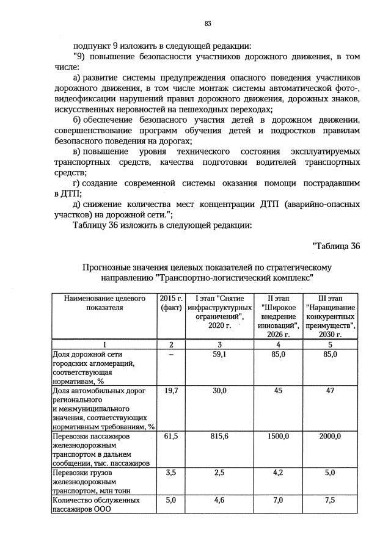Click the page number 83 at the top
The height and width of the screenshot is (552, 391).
tap(208, 23)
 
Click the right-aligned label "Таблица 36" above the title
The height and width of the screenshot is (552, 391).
tap(336, 246)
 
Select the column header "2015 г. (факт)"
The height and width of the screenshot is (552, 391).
tap(171, 303)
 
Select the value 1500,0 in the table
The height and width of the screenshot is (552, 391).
tap(279, 437)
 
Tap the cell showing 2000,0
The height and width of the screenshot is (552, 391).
tap(330, 437)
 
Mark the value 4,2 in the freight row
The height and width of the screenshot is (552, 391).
tap(279, 472)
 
